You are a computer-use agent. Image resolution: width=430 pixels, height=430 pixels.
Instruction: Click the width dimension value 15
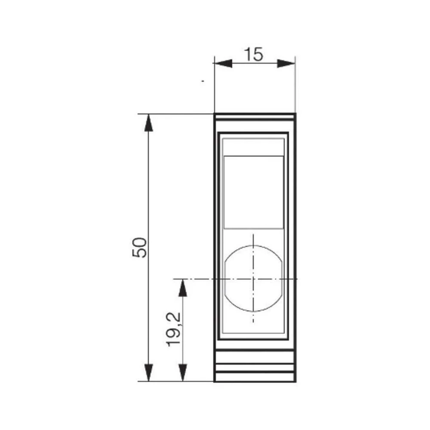[x=254, y=55]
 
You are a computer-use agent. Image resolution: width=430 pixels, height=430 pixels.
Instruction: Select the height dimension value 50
[x=140, y=247]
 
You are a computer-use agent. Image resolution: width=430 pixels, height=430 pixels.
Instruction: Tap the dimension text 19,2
[x=174, y=330]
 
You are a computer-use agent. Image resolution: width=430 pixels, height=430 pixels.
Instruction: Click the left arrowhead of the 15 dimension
[x=223, y=64]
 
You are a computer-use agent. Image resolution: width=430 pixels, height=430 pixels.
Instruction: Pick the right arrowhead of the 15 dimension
[x=286, y=64]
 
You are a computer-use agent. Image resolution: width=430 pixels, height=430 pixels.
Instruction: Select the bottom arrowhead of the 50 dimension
[x=148, y=372]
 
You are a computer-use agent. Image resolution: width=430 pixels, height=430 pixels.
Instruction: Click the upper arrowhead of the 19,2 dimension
[x=183, y=288]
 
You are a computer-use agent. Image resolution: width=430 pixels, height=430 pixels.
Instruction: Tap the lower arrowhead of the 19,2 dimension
[x=183, y=372]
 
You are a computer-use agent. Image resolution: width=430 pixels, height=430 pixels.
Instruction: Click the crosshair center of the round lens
[x=253, y=279]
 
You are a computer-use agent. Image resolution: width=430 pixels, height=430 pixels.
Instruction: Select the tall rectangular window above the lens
[x=254, y=192]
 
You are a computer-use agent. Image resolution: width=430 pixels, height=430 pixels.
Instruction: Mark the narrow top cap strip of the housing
[x=255, y=117]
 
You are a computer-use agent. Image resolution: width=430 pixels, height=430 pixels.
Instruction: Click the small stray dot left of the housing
[x=202, y=80]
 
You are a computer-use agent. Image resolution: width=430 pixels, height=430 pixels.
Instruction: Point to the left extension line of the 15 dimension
[x=214, y=86]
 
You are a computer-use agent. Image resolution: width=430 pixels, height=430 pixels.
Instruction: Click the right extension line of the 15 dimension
[x=295, y=86]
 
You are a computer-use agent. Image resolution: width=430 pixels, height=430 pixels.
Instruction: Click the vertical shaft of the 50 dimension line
[x=148, y=193]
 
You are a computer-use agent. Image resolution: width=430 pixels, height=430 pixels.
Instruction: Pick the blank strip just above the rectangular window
[x=254, y=147]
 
